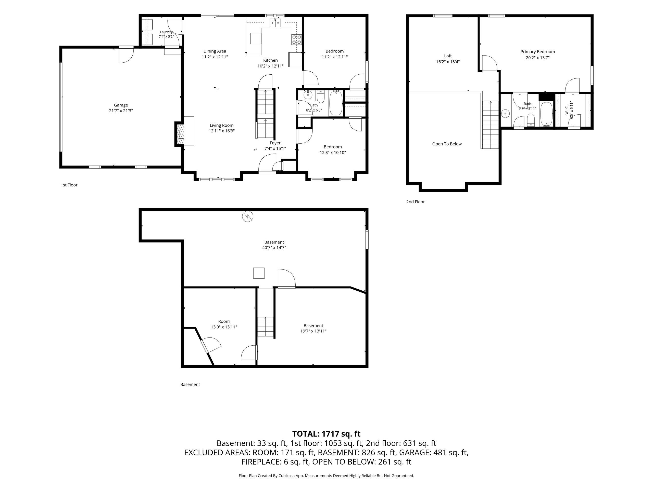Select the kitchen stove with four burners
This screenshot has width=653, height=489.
(x=296, y=39)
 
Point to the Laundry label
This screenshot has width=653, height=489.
(x=166, y=32)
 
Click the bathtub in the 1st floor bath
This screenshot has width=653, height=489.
(x=336, y=103)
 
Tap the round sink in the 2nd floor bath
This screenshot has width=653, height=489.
(x=505, y=113)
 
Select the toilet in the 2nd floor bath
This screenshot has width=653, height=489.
(x=531, y=120)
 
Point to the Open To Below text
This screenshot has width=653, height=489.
(x=447, y=144)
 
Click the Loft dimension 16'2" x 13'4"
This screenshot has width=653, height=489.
(x=448, y=62)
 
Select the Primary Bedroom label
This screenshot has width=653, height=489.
(x=537, y=52)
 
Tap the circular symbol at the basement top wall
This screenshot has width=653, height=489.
(x=248, y=216)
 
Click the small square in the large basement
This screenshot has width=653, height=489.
(x=259, y=273)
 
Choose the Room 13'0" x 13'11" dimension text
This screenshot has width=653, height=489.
(x=224, y=327)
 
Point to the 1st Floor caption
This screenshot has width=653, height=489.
(x=69, y=185)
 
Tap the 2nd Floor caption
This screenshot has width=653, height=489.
(x=415, y=202)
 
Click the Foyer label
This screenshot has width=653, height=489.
(x=275, y=143)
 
